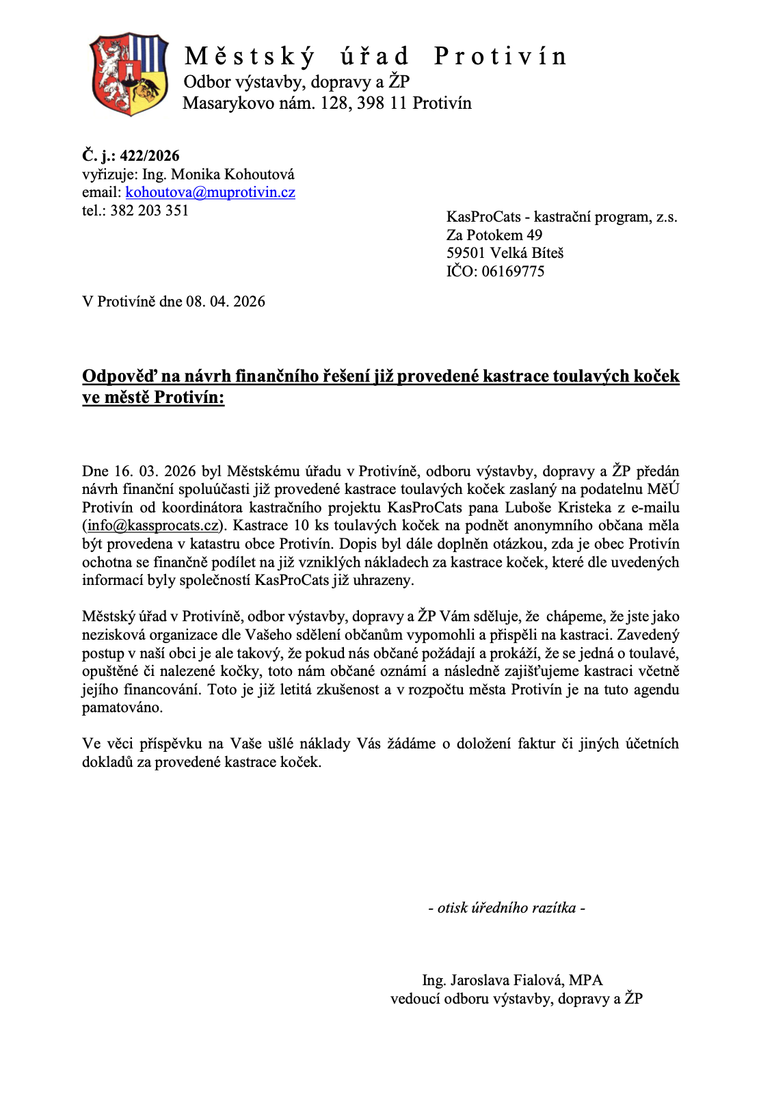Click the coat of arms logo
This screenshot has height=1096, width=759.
click(129, 73)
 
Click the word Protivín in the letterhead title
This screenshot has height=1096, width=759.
click(500, 56)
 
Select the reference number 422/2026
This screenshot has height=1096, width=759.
click(150, 156)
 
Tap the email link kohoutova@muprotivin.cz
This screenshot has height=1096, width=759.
click(210, 192)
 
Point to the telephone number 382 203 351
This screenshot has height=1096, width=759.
click(149, 211)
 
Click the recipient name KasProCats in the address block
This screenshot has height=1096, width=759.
click(483, 217)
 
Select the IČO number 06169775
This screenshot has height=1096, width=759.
click(513, 272)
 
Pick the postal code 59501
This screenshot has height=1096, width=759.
click(466, 253)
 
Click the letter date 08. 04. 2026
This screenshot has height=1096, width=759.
click(226, 302)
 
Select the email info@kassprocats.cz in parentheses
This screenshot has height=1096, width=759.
click(153, 525)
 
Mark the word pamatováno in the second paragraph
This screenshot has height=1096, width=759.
click(122, 707)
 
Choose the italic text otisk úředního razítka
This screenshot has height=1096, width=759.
click(506, 908)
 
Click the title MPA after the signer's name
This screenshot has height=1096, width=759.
click(586, 980)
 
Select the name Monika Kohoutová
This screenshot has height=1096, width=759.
click(232, 174)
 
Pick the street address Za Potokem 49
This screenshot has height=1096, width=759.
click(494, 235)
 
